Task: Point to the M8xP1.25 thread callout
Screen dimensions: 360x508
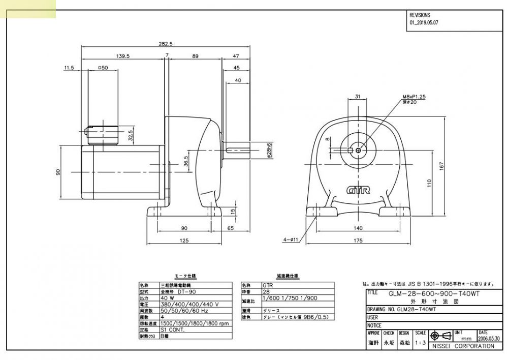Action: point(414,96)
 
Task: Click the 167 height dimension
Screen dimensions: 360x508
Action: point(441,166)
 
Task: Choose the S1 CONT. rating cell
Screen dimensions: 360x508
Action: point(173,329)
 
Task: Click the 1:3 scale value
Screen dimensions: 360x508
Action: point(420,343)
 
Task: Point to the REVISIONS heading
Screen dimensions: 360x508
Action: point(420,15)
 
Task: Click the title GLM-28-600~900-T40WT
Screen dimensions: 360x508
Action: point(434,294)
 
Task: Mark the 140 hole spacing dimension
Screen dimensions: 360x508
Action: point(358,229)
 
